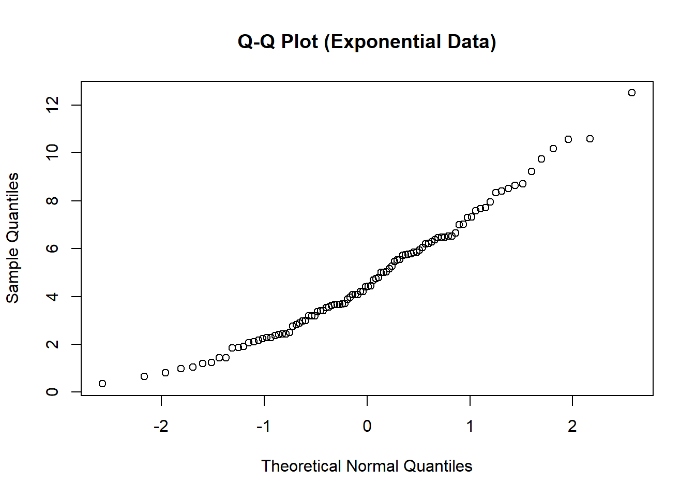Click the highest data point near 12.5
[631, 93]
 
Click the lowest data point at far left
[102, 384]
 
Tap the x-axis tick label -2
[161, 426]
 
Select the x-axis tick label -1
[264, 426]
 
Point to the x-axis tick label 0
[367, 426]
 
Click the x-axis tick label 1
[470, 426]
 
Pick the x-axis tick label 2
[572, 426]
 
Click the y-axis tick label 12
[52, 105]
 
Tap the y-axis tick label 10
[52, 153]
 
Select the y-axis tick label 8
[52, 200]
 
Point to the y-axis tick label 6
[52, 248]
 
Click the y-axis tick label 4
[52, 296]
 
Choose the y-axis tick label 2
[52, 344]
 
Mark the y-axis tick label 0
[52, 392]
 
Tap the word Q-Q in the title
[256, 42]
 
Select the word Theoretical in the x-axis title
[301, 466]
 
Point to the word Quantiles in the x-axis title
[437, 466]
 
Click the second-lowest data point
[144, 376]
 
